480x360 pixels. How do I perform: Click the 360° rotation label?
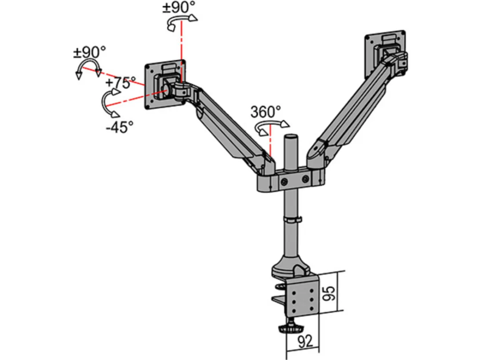[265, 112]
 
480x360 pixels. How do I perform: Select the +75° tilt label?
[120, 83]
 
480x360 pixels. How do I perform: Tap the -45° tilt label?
[120, 127]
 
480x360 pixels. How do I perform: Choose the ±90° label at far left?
[89, 52]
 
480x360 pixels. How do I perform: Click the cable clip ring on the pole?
[292, 220]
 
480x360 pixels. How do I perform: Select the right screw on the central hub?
[305, 179]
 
